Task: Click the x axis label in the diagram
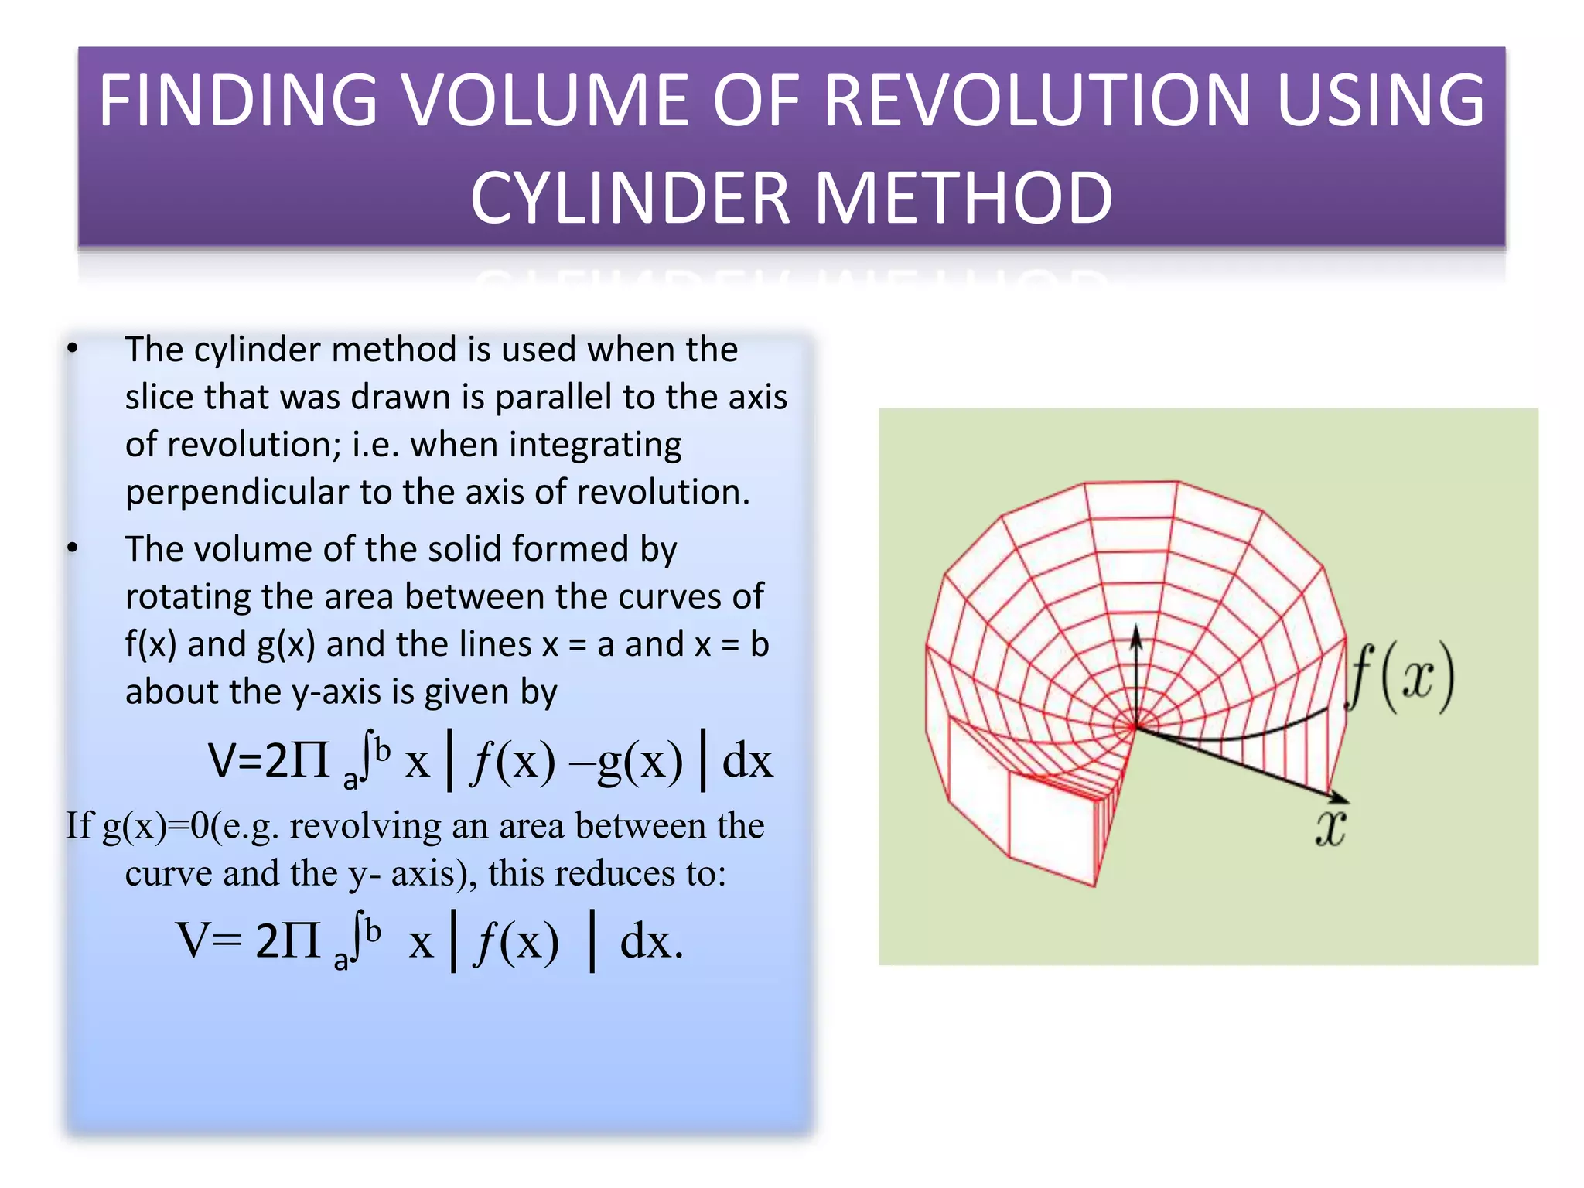(1331, 828)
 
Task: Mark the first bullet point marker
(73, 349)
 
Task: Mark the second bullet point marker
(73, 548)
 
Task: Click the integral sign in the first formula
(367, 757)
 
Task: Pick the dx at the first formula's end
(747, 761)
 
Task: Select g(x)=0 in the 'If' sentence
(156, 826)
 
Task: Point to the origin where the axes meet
(1135, 727)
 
